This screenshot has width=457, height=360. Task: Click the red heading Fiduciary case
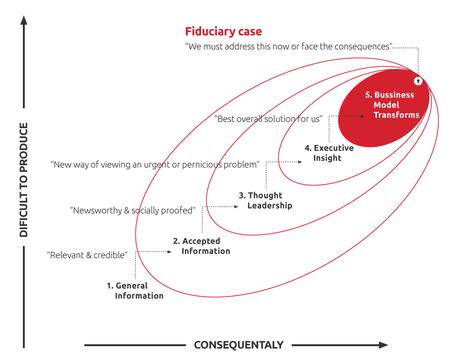click(x=223, y=31)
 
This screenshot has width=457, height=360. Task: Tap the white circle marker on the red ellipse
click(x=418, y=81)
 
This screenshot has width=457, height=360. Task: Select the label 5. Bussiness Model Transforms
click(x=392, y=105)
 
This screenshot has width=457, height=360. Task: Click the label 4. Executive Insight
click(x=329, y=153)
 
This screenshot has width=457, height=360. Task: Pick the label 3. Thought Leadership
click(x=265, y=200)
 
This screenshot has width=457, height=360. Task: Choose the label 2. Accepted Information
click(x=202, y=246)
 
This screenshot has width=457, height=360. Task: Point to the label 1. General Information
click(x=135, y=290)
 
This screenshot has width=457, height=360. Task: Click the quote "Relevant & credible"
click(x=87, y=255)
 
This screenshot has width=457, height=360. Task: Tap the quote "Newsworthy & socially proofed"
click(x=132, y=210)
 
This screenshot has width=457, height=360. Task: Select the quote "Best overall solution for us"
click(x=268, y=119)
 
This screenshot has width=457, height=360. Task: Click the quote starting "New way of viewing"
click(x=155, y=165)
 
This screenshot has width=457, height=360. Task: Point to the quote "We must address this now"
click(x=289, y=47)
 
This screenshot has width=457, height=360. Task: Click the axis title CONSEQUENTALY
click(x=239, y=345)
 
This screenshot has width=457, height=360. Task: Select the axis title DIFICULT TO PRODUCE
click(x=24, y=180)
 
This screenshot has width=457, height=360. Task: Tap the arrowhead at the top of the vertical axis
click(x=24, y=20)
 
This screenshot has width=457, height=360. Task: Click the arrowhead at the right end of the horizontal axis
click(x=383, y=345)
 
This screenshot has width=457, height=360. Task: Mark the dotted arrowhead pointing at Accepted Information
click(x=169, y=251)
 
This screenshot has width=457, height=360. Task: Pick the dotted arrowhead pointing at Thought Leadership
click(x=236, y=206)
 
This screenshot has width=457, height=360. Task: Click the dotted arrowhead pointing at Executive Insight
click(x=300, y=162)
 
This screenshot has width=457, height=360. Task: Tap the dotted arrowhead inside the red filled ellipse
click(x=363, y=116)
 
